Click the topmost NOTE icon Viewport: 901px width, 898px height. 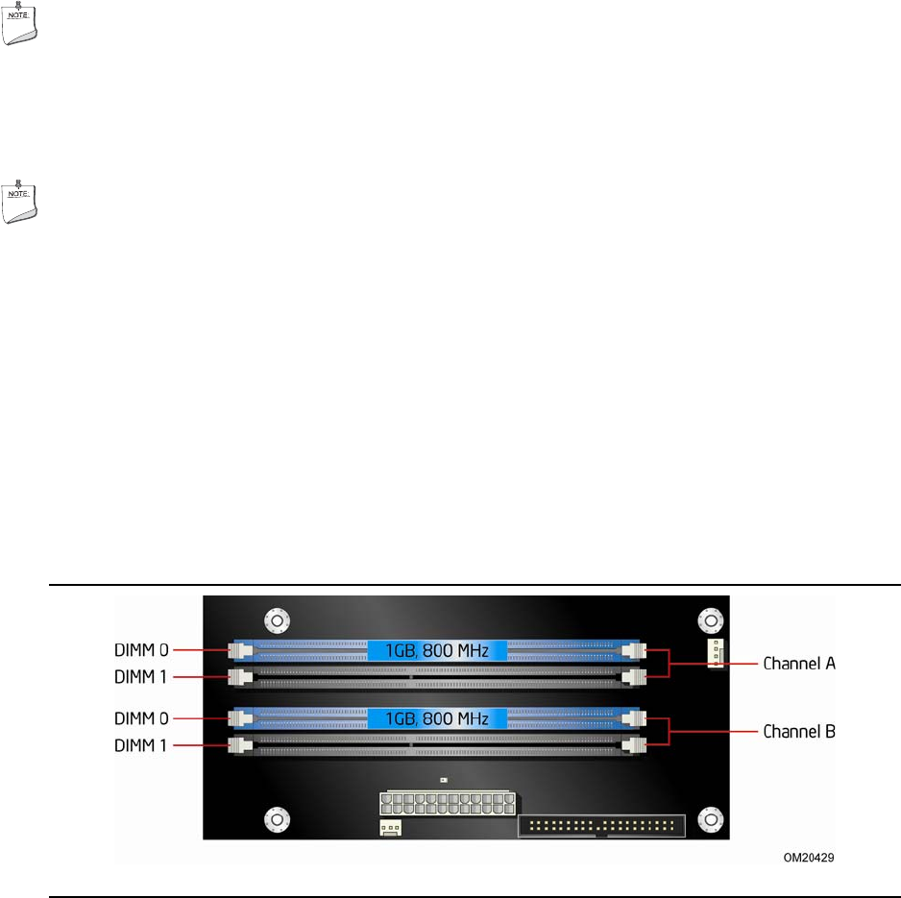[x=20, y=22]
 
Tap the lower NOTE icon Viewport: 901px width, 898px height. [x=20, y=201]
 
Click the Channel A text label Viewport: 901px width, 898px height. [x=799, y=664]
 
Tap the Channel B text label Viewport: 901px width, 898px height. [x=799, y=731]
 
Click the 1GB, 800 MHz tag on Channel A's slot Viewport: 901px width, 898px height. [x=436, y=651]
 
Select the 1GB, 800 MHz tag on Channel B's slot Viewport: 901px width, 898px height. [x=436, y=718]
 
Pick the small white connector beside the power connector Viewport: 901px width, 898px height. [x=390, y=828]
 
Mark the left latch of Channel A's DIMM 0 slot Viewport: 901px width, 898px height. [x=239, y=651]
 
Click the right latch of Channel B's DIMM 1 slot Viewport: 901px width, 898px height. [x=633, y=744]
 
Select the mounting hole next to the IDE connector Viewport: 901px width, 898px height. [x=711, y=819]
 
